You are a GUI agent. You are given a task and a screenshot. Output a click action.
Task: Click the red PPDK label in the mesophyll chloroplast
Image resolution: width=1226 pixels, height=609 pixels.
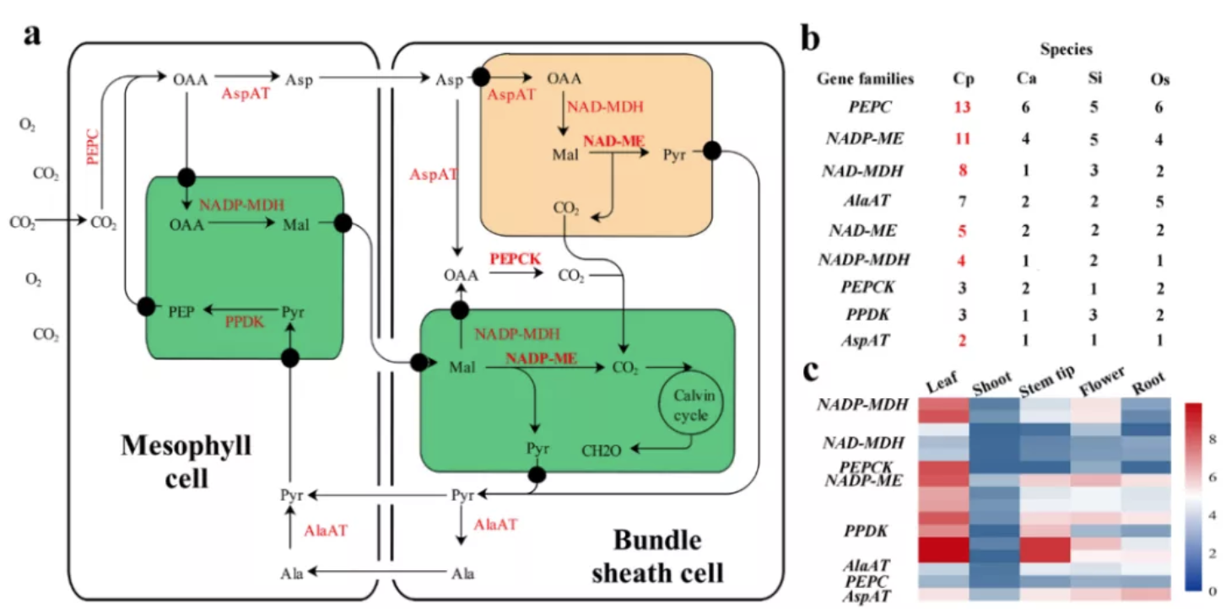click(244, 321)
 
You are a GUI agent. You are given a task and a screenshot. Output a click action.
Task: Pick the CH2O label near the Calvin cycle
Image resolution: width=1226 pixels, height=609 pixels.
click(602, 451)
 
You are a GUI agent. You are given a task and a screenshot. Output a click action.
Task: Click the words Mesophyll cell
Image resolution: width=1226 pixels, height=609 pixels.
click(186, 461)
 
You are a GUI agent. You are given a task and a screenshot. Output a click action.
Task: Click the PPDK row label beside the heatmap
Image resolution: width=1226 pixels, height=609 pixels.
click(869, 531)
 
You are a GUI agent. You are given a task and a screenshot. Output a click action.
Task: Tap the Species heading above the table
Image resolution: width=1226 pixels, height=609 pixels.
click(1066, 51)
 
